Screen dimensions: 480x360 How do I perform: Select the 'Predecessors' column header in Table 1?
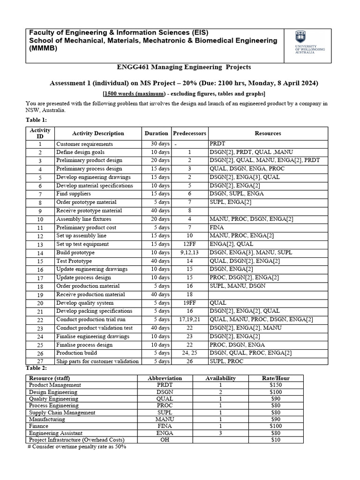189,133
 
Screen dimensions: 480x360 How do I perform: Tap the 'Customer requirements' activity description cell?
84,144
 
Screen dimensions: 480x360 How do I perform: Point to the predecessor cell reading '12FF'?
189,244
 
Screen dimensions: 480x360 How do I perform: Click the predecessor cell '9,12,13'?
189,253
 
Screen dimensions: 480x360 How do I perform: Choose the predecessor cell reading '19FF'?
189,303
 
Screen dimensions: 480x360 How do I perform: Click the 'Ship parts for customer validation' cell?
97,361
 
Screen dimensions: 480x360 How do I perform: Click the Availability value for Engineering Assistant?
220,433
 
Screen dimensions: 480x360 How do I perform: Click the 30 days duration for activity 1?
157,144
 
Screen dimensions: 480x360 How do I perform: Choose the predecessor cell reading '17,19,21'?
189,320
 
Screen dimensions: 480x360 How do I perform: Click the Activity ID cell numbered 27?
40,361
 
